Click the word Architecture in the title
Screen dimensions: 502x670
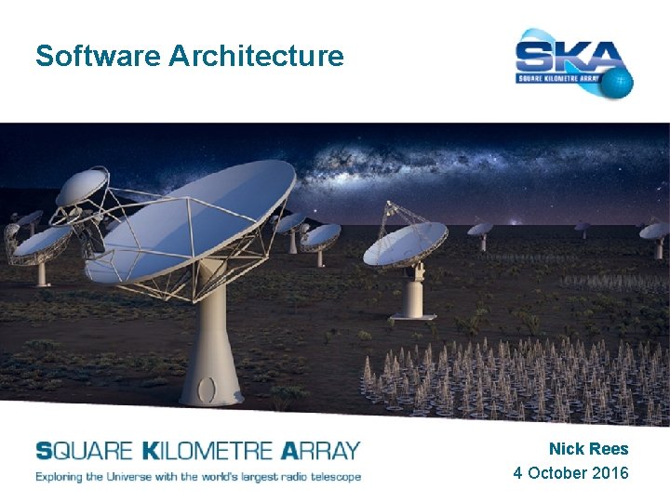pyautogui.click(x=257, y=57)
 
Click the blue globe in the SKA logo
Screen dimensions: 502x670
pyautogui.click(x=617, y=81)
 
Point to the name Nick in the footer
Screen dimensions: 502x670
pyautogui.click(x=567, y=449)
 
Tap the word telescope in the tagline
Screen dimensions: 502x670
pyautogui.click(x=329, y=476)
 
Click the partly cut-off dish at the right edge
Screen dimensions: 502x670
pyautogui.click(x=657, y=231)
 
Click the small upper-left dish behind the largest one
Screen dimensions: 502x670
pyautogui.click(x=81, y=187)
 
